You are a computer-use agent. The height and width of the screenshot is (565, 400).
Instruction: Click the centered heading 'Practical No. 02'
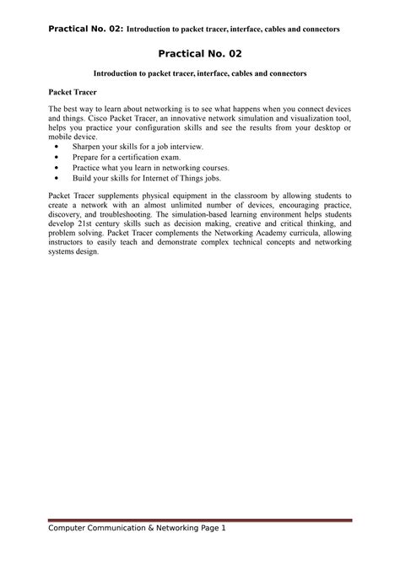coord(199,53)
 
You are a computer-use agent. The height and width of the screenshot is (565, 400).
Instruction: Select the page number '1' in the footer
coord(224,551)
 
